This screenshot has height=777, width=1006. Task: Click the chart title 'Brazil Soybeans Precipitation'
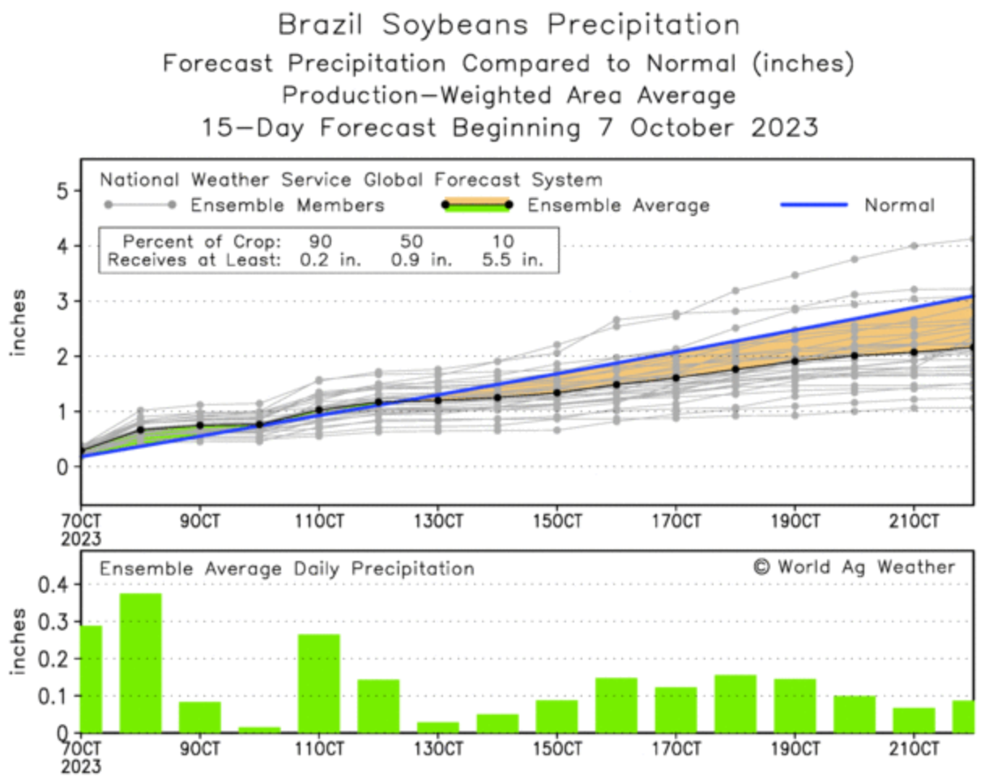point(509,25)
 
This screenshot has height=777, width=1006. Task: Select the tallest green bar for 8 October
point(140,663)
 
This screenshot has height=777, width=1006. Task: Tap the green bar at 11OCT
point(319,683)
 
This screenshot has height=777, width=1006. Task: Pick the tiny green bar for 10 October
point(259,729)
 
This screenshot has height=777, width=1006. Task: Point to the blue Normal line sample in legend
point(813,206)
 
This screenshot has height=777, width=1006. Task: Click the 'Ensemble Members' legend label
point(287,206)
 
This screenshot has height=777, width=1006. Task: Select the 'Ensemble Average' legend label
point(618,206)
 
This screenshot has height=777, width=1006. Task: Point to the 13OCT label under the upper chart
point(438,521)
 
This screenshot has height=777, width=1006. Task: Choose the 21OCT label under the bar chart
point(914,749)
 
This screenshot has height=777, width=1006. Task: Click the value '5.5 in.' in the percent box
point(513,260)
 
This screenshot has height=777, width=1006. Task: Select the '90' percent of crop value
point(320,241)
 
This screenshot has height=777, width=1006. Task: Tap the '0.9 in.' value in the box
point(421,260)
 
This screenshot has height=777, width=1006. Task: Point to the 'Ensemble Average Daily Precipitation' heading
point(287,569)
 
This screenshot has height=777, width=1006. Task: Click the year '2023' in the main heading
point(784,128)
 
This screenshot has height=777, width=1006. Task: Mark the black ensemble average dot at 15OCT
point(557,393)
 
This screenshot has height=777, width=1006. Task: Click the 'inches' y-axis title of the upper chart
point(18,322)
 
